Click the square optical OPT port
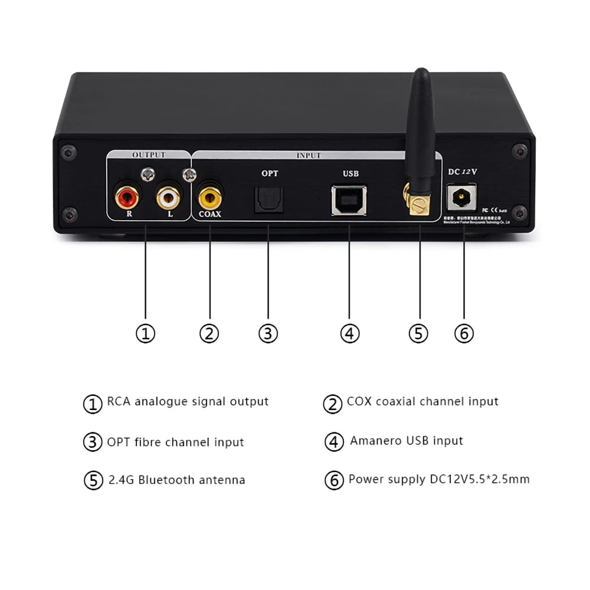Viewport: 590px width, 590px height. coord(268,198)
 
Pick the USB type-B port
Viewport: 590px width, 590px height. coord(349,198)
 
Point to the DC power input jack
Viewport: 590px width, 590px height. coord(461,198)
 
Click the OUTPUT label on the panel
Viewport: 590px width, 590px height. coord(149,155)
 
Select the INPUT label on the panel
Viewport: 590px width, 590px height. coord(309,156)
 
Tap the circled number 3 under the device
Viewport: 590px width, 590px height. coord(268,334)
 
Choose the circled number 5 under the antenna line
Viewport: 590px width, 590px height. coord(418,334)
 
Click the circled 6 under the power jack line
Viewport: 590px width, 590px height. coord(464,334)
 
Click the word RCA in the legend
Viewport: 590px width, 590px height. coord(119,402)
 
